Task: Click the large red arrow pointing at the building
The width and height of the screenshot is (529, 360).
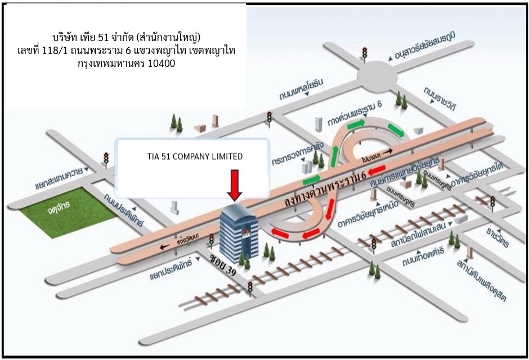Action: click(236, 185)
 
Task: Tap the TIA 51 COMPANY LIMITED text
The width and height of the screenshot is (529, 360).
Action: click(191, 157)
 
